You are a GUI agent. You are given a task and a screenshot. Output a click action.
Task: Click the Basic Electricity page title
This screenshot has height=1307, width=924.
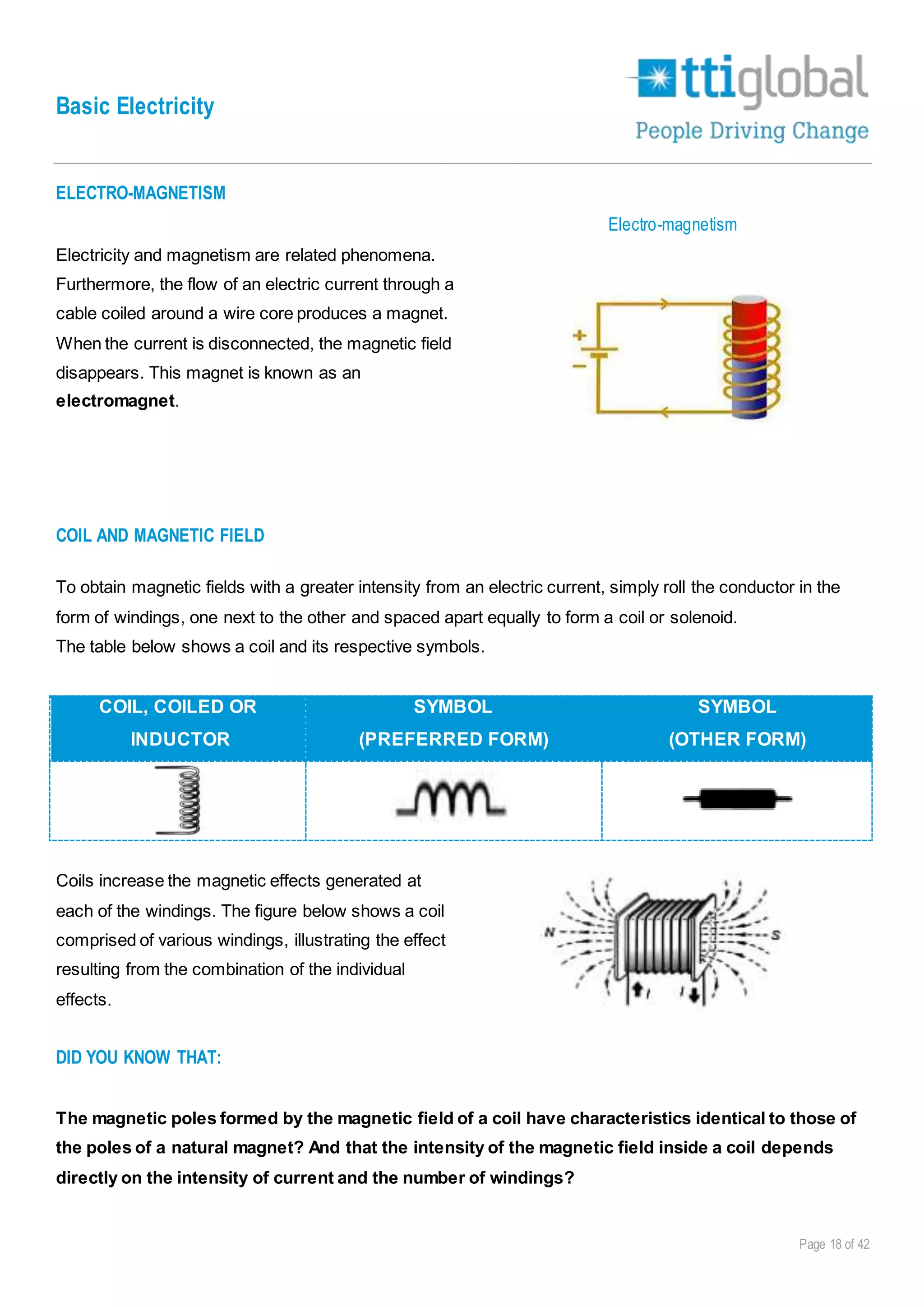coord(135,107)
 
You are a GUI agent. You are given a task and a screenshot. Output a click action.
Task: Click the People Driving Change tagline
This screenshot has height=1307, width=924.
coord(752,131)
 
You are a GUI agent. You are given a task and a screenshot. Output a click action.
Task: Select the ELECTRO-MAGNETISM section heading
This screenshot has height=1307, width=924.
coord(140,193)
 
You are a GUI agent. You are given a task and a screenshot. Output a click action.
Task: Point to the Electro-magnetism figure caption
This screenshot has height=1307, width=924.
coord(672,225)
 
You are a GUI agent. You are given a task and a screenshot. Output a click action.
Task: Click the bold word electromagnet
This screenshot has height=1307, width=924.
coord(115,401)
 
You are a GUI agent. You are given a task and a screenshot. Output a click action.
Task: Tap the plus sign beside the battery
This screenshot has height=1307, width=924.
coord(579,335)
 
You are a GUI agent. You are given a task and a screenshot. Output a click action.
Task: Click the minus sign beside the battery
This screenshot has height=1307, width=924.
coord(579,366)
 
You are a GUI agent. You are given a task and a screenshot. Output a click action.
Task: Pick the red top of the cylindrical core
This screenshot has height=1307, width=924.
coord(749,319)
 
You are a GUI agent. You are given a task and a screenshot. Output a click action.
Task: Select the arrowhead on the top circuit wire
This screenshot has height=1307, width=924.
coord(663,305)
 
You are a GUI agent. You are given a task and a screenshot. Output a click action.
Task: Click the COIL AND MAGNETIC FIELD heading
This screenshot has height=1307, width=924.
coord(160,536)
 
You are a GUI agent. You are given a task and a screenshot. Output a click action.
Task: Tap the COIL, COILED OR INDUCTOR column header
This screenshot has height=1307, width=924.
coord(178,723)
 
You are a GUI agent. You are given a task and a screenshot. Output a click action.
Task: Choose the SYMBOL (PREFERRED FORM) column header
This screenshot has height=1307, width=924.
coord(453,723)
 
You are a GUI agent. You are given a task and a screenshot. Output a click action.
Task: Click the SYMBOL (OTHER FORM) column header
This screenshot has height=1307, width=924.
coord(737,723)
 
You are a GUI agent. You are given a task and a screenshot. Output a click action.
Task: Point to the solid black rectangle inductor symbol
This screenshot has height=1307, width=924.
coord(737,799)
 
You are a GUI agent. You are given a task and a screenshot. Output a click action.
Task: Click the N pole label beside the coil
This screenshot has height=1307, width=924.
coord(549,932)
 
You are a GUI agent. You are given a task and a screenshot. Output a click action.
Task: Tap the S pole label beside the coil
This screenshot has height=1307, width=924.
coord(776,935)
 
